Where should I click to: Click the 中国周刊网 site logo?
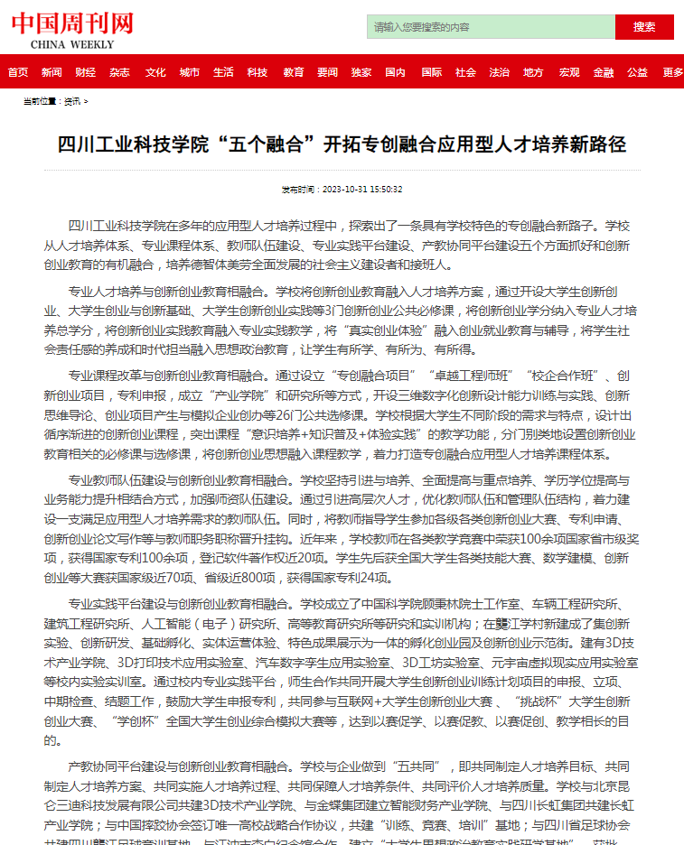(71, 22)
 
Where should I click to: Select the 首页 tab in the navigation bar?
(17, 72)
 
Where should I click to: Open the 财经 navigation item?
(85, 72)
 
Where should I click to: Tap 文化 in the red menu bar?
(155, 72)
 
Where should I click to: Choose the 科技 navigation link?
(258, 72)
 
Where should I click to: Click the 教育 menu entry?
(293, 72)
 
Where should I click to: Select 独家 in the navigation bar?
(361, 72)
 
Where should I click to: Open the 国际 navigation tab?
(431, 72)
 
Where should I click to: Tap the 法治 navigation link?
(499, 72)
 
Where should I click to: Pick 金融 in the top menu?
(604, 72)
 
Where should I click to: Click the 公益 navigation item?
(637, 72)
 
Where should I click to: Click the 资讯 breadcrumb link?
(71, 101)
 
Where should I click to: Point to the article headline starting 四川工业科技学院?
(342, 144)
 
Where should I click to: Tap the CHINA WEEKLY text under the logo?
(72, 44)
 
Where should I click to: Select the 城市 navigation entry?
(189, 72)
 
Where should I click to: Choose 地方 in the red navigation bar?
(533, 72)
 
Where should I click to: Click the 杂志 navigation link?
(119, 72)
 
